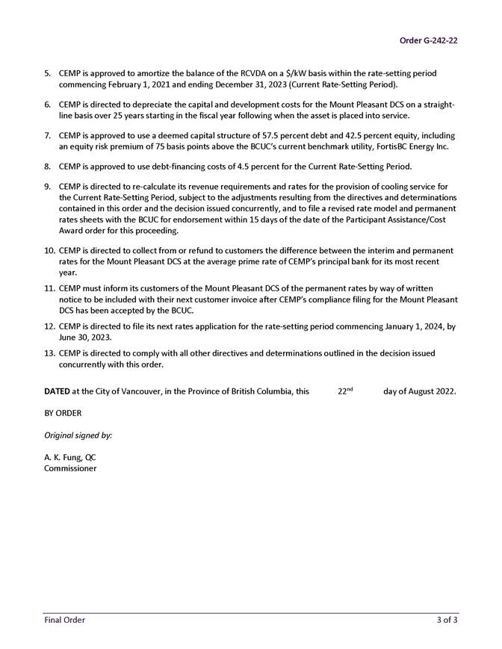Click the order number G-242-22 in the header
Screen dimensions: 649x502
tap(428, 40)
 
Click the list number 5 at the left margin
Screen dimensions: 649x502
tap(47, 74)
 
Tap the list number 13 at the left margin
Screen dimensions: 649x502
tap(49, 353)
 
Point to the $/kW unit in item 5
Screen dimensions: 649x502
tap(288, 74)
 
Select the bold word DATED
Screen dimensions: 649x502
tap(57, 391)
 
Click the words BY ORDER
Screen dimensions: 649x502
tap(63, 413)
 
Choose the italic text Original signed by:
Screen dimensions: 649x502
tap(78, 435)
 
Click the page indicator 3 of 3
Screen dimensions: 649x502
tap(447, 620)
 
